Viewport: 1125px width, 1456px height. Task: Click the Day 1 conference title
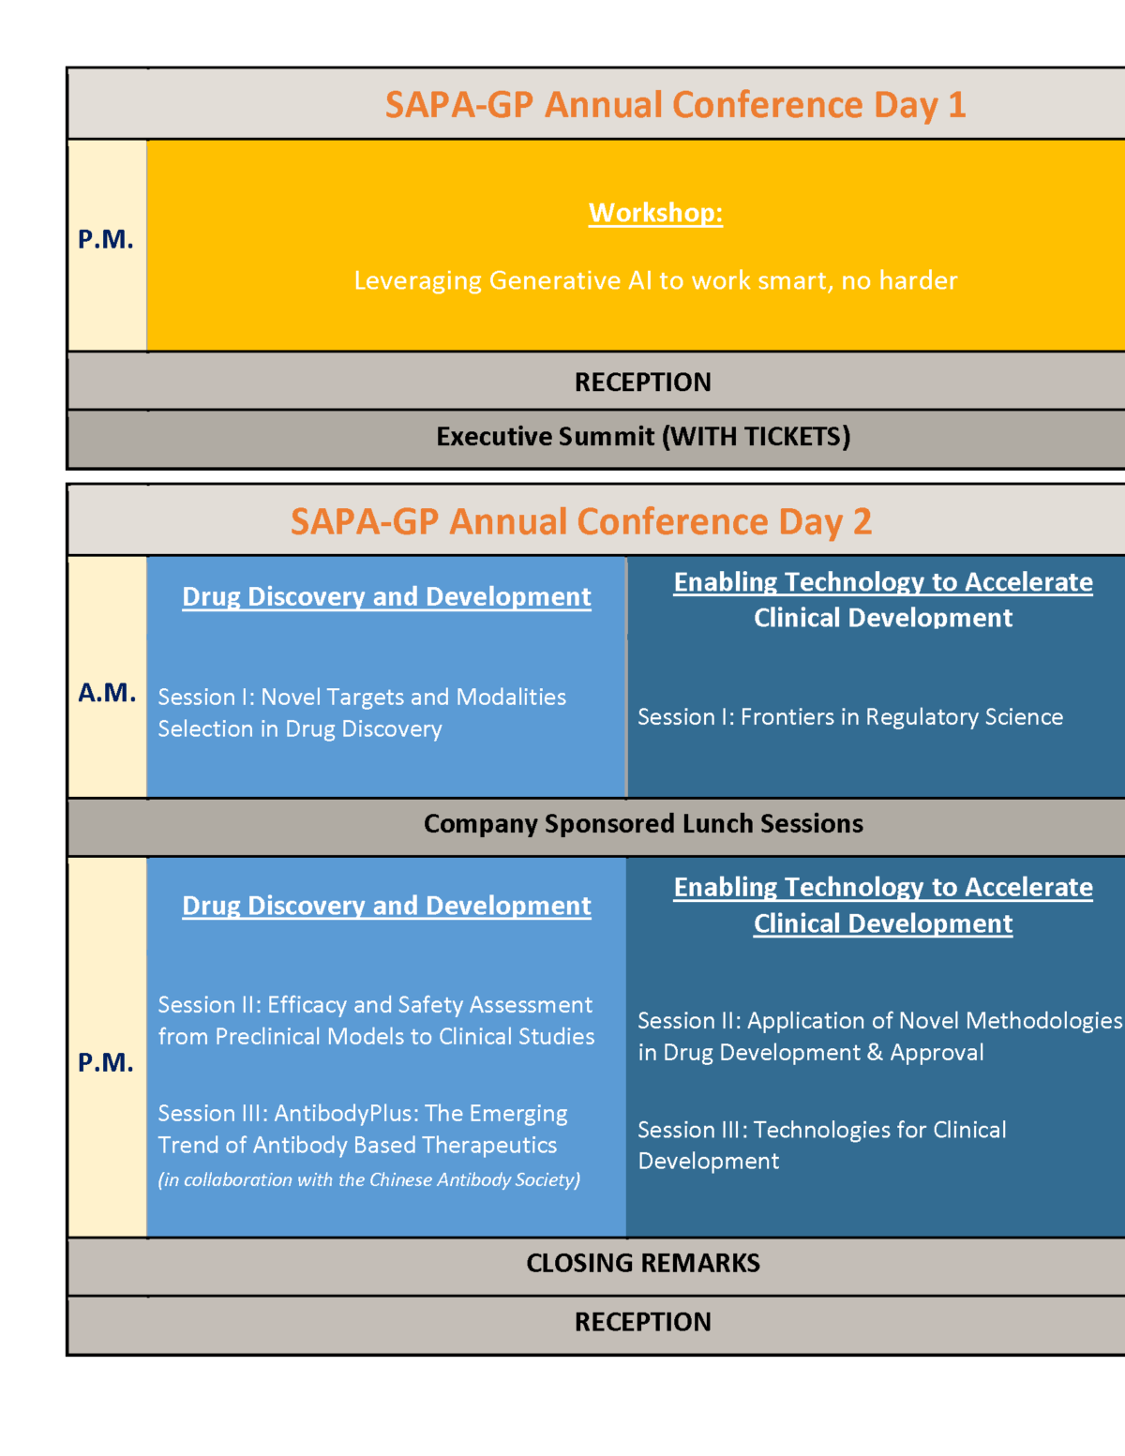point(675,105)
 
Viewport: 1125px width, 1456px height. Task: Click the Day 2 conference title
point(581,522)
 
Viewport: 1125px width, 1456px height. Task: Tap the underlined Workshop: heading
point(655,213)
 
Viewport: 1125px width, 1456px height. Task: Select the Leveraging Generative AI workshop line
point(655,280)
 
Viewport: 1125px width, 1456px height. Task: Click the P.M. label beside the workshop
point(106,239)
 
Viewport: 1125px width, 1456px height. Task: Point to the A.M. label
point(107,693)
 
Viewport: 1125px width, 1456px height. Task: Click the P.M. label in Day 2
point(106,1062)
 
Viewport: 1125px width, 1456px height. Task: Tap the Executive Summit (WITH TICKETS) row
point(643,437)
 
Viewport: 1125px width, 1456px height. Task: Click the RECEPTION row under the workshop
point(643,382)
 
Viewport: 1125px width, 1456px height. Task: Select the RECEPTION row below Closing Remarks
point(643,1322)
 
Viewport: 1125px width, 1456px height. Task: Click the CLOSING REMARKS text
point(643,1263)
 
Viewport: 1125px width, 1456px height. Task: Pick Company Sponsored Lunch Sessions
point(643,824)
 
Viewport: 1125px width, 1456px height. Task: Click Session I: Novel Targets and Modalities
point(362,713)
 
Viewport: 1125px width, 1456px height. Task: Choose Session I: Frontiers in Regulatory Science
point(850,717)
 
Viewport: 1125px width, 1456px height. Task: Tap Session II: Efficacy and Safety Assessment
point(376,1021)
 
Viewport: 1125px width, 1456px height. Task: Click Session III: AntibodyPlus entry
point(363,1129)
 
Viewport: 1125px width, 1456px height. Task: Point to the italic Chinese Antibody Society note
point(369,1180)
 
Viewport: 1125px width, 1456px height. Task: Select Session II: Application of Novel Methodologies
point(879,1037)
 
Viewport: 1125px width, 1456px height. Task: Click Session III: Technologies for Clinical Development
point(822,1145)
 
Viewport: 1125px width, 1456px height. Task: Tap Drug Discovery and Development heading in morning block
point(386,597)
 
